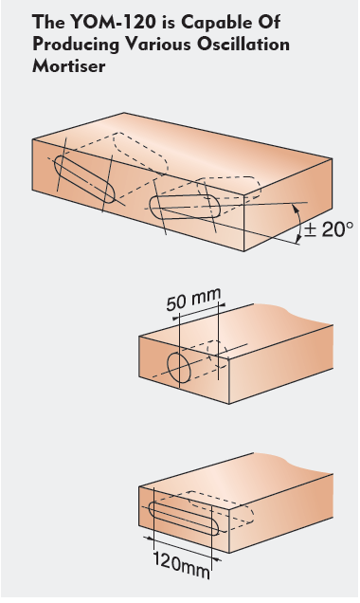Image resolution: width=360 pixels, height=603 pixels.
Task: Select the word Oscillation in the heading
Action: [x=243, y=45]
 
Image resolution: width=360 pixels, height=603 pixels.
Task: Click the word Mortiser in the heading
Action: [x=68, y=65]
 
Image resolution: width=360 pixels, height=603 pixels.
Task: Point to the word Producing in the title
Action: [x=76, y=46]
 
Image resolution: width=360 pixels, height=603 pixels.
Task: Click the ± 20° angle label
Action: [x=329, y=229]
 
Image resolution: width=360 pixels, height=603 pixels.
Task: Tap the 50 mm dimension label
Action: [x=194, y=300]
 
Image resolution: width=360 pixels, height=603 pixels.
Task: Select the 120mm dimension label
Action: [x=182, y=564]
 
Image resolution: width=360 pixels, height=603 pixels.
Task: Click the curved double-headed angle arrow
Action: [x=300, y=223]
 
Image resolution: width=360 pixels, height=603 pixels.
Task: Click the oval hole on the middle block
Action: [x=179, y=368]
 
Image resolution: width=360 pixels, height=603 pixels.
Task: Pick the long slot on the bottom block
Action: [x=184, y=519]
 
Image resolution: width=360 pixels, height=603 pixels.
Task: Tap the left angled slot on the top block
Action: [x=84, y=179]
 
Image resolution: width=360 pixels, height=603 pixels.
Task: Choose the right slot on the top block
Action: [x=185, y=207]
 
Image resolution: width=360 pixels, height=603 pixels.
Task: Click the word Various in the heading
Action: [x=159, y=45]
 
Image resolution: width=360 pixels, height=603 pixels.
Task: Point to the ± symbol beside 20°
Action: [x=310, y=229]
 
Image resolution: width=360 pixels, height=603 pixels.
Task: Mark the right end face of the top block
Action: [x=288, y=204]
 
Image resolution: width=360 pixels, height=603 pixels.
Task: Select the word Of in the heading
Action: [x=270, y=22]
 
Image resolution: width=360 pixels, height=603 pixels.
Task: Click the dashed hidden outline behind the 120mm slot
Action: [x=222, y=507]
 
